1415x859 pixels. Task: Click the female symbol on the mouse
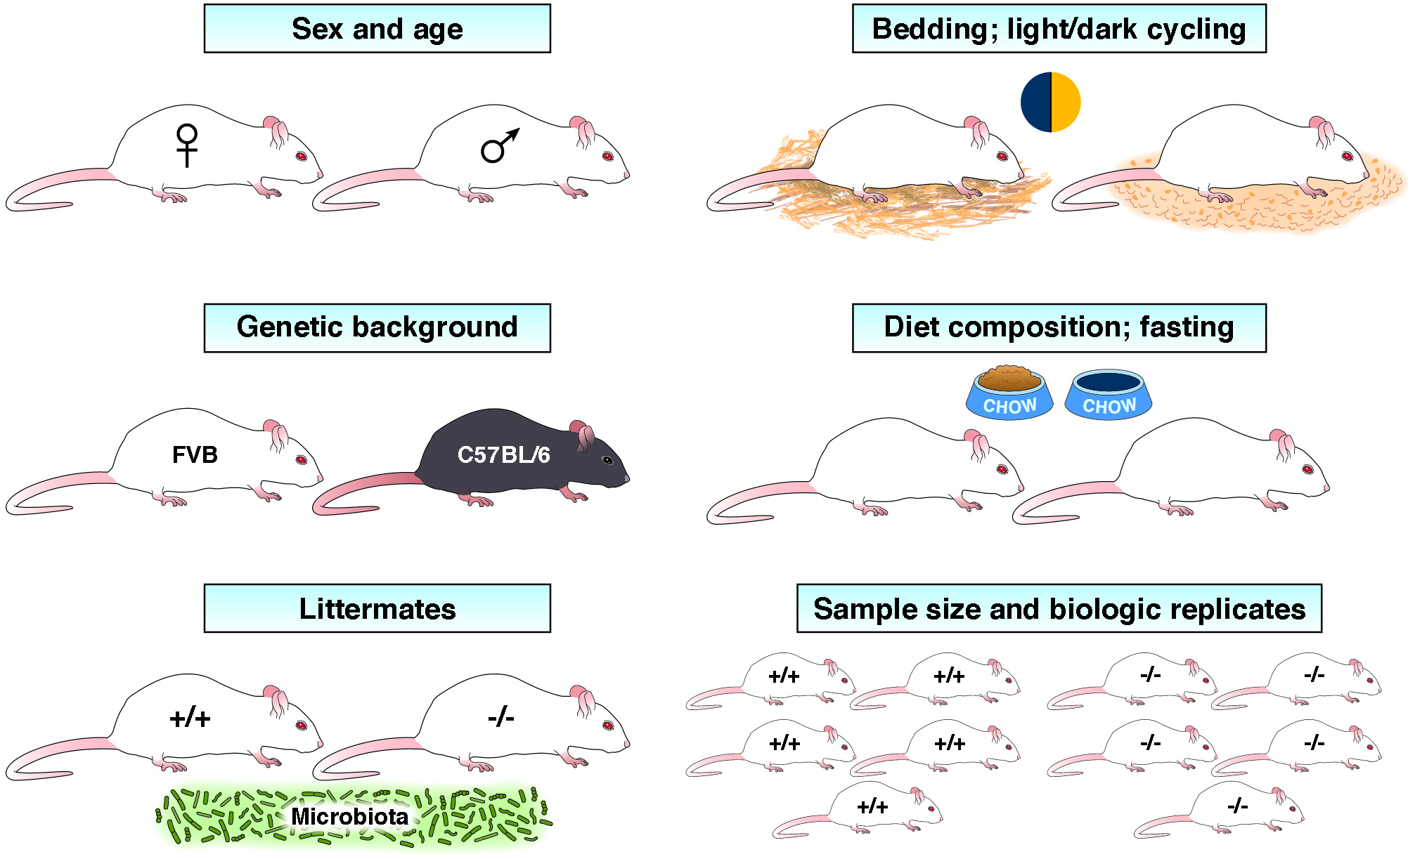pos(187,145)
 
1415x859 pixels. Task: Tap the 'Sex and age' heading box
pos(377,28)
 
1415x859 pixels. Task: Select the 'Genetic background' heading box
pos(377,327)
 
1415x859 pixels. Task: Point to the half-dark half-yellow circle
pos(1051,102)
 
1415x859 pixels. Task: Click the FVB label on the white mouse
pos(195,454)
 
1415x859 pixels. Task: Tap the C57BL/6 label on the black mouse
pos(503,454)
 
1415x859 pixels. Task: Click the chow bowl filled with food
pos(1009,393)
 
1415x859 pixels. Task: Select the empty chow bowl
pos(1109,395)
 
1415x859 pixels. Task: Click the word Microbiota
pos(349,816)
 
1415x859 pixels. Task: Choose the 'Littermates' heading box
pos(377,608)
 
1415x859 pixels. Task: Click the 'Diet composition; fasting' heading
pos(1059,327)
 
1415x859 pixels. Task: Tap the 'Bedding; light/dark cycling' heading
pos(1059,28)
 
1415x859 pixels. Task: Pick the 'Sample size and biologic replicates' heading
pos(1059,608)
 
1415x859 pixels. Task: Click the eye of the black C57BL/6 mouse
pos(607,461)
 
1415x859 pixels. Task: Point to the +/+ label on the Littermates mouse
pos(190,719)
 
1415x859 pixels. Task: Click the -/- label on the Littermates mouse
pos(500,718)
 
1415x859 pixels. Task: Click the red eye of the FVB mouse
pos(302,460)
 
